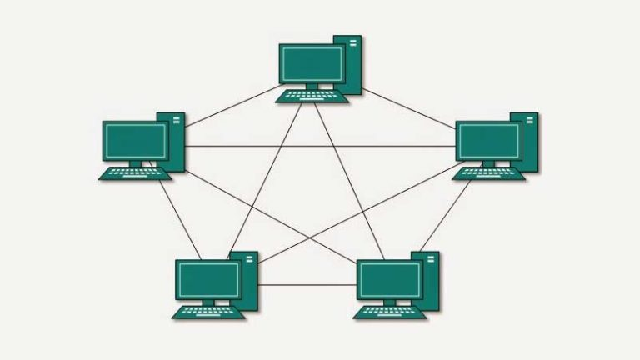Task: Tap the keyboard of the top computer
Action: pos(313,96)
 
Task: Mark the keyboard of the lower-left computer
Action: pos(208,312)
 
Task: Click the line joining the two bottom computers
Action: pos(308,284)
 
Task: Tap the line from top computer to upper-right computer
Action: pos(408,104)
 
